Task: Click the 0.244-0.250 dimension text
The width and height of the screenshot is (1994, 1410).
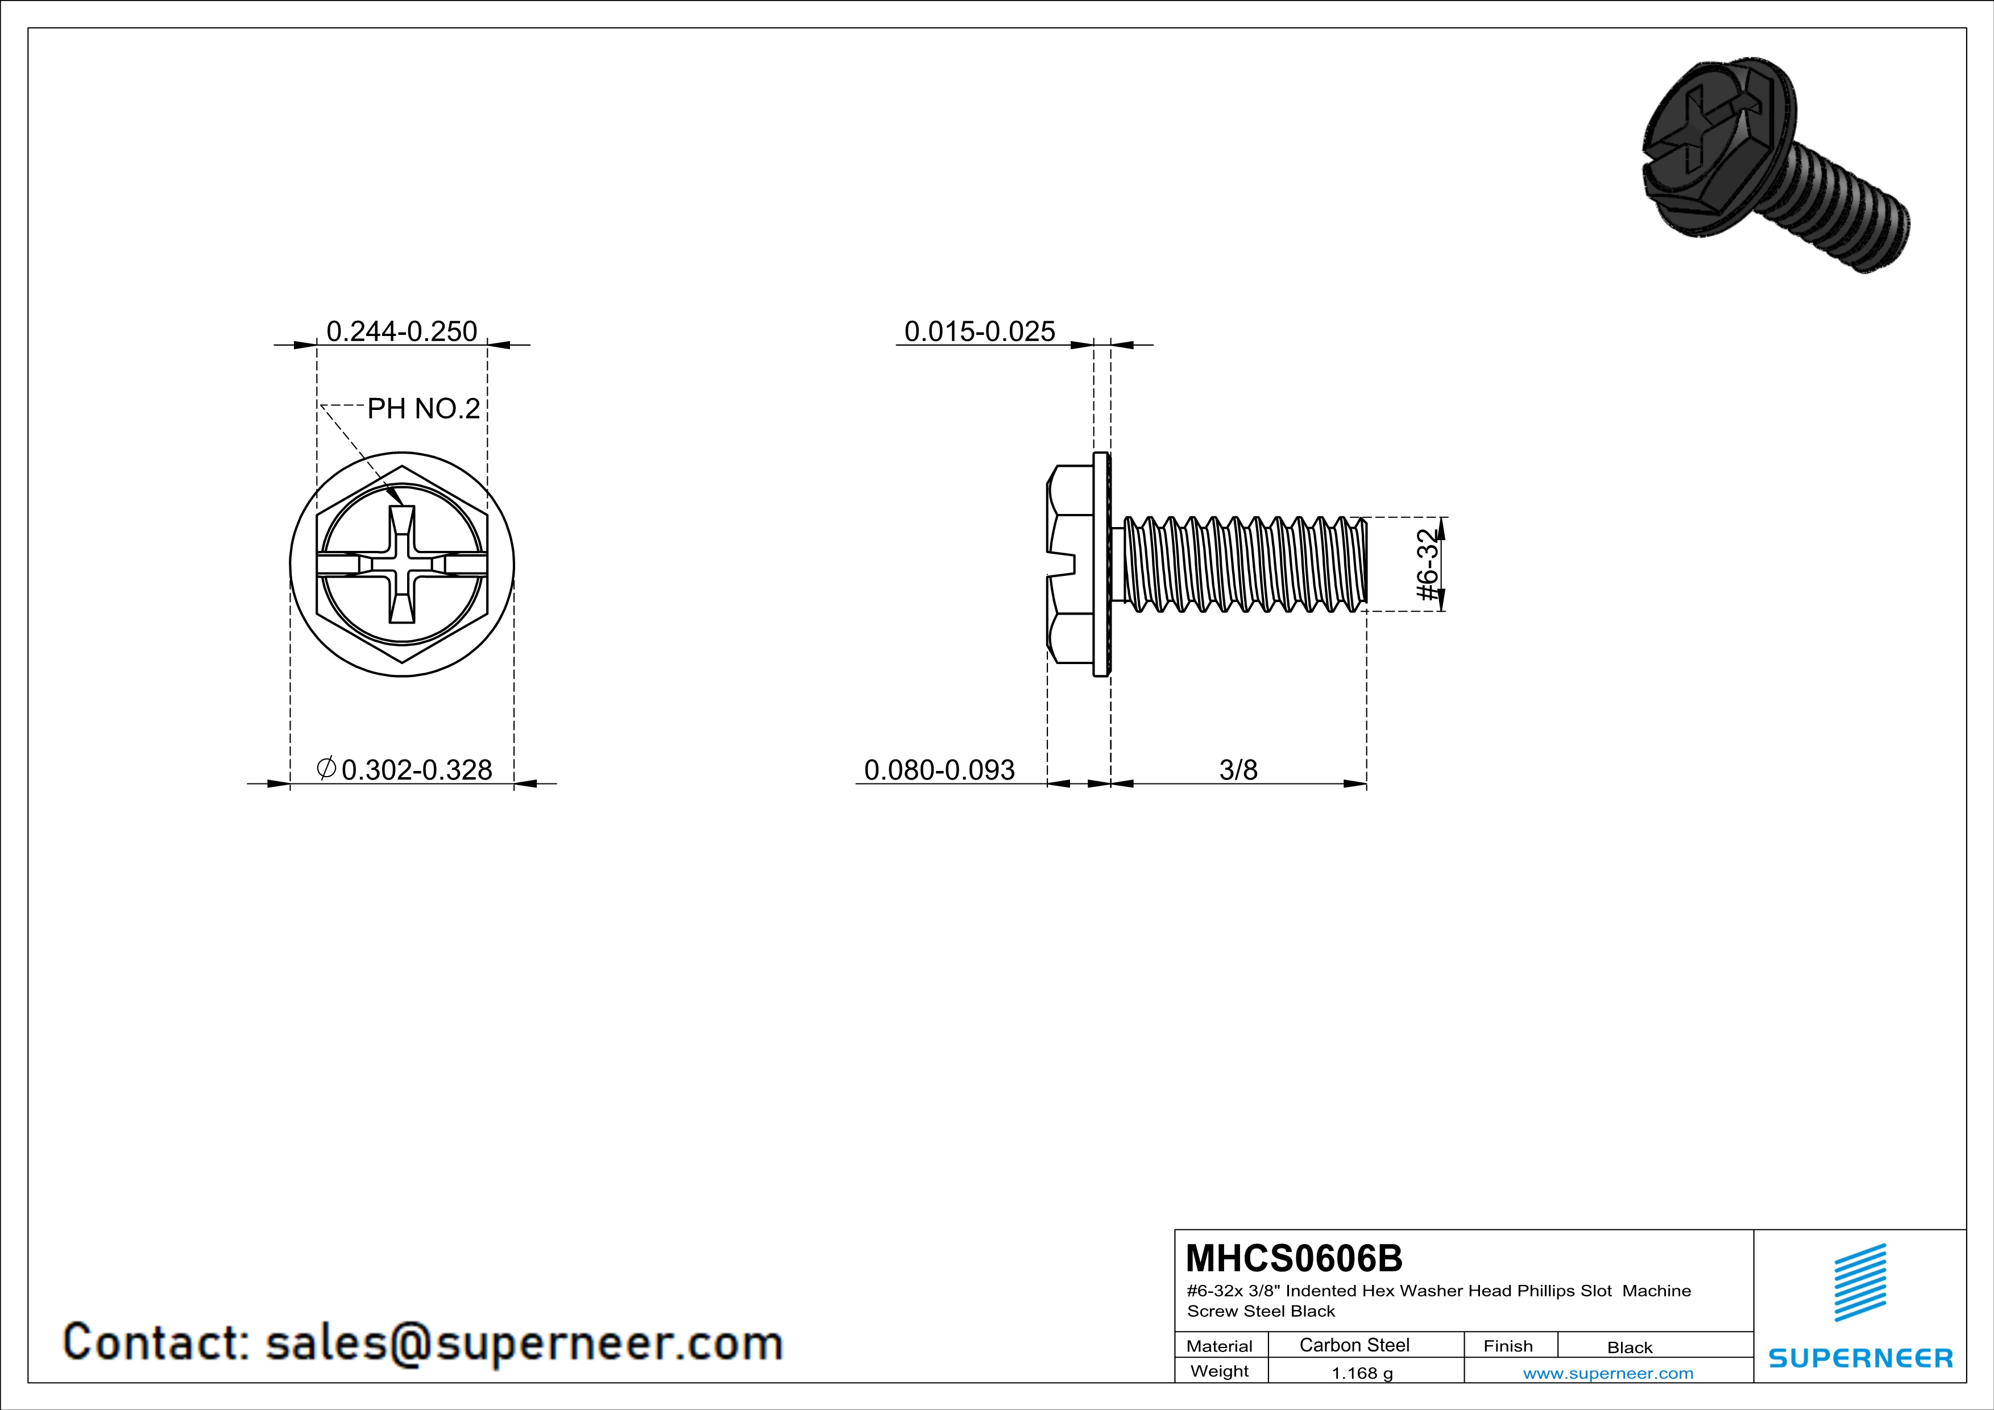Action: tap(401, 331)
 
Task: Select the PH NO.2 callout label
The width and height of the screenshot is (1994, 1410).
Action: tap(424, 408)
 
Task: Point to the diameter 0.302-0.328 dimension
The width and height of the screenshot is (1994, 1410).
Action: tap(405, 769)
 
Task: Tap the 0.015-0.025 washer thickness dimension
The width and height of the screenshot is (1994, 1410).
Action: tap(980, 331)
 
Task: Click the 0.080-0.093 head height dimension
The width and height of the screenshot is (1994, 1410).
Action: tap(940, 769)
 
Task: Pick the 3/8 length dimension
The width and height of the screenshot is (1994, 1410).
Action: tap(1238, 769)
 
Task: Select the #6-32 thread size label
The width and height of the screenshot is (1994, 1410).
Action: tap(1428, 565)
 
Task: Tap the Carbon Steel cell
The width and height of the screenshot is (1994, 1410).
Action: tap(1354, 1345)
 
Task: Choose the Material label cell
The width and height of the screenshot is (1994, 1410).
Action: tap(1220, 1346)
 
